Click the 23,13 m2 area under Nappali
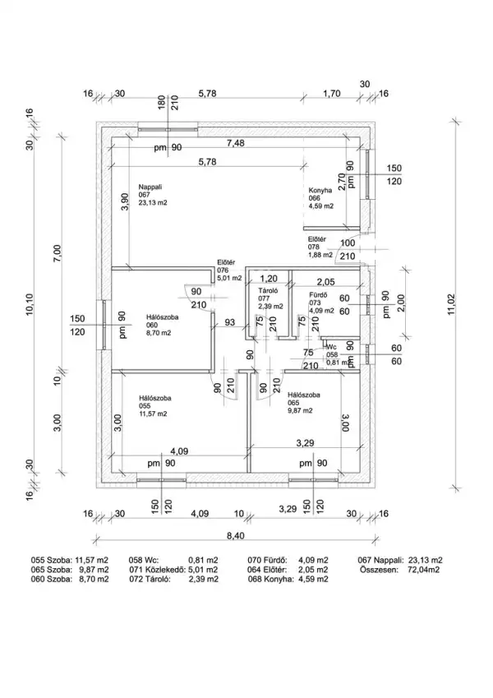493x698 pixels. point(153,202)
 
